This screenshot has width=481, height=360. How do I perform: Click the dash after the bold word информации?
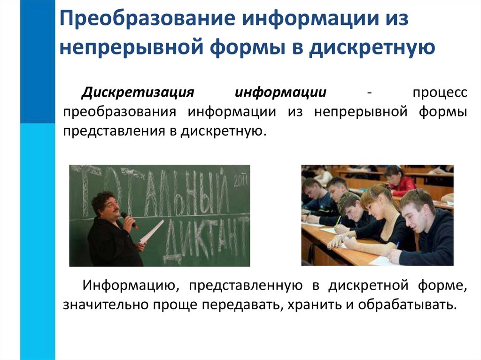370,92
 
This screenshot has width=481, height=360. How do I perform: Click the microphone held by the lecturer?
129,220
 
